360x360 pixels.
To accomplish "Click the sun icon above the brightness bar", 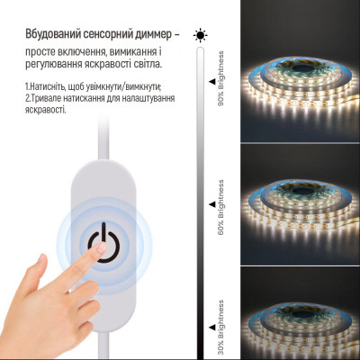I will [x=200, y=35].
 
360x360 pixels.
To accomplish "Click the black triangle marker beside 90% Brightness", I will [x=212, y=80].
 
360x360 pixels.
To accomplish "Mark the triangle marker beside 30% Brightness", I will [x=212, y=290].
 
